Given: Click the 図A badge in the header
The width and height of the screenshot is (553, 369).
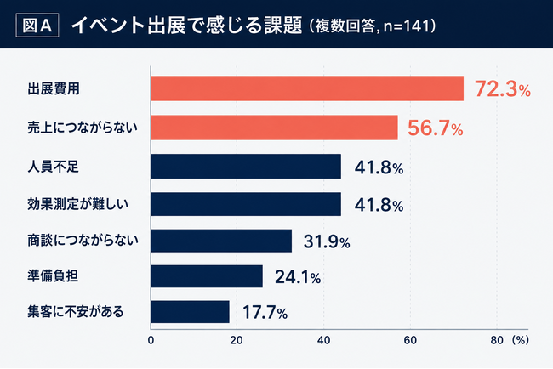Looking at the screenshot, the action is (37, 25).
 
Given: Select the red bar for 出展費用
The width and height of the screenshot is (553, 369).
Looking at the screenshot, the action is (307, 88).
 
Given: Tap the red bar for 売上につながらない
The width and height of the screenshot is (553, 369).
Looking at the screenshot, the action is (275, 128).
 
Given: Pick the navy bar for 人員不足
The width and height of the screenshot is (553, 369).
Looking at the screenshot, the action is (246, 167).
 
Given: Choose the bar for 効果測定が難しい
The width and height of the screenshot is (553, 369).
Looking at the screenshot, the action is (246, 204).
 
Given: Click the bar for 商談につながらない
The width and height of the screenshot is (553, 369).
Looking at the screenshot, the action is (221, 241).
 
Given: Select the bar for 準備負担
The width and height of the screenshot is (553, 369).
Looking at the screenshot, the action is (207, 276).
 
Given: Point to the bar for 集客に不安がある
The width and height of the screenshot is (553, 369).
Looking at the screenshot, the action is (190, 312).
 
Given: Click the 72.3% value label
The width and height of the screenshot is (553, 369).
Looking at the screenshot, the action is (503, 88).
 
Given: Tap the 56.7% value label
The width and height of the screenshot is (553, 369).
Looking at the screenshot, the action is (436, 128).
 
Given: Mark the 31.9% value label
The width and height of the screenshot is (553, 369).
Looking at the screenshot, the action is (327, 241).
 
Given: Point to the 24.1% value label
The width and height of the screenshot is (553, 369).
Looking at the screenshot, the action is (298, 277).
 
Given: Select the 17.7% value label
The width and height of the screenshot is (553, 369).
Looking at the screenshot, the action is (265, 313).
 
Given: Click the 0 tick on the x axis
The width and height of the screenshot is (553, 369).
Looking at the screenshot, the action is (151, 340).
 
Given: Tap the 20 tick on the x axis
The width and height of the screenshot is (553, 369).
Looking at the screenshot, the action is (237, 340).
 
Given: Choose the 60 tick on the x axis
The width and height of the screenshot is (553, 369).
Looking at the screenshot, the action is (410, 340).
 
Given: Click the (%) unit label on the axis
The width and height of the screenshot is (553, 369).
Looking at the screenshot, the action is (520, 340).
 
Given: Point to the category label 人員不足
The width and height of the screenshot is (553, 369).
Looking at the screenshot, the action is (54, 167).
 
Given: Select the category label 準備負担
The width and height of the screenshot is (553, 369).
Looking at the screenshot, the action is (53, 276).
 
